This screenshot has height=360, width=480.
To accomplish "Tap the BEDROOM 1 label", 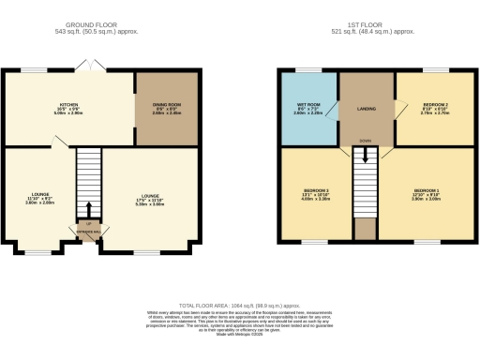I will [x=427, y=193].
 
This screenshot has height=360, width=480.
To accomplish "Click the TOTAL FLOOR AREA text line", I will [x=239, y=306].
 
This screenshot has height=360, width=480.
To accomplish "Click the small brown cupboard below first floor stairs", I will [x=365, y=229].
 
